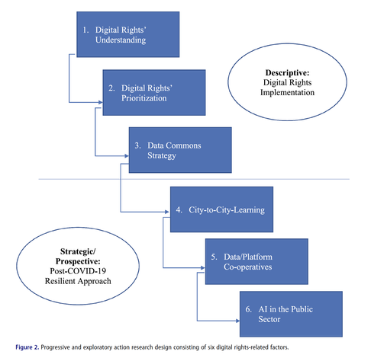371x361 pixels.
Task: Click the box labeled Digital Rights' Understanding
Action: coord(128,34)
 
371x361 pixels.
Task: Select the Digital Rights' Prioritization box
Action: coord(154,93)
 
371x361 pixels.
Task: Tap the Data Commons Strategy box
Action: coord(180,150)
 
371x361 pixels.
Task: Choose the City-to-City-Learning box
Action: coord(221,209)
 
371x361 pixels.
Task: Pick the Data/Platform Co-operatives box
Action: coord(256,261)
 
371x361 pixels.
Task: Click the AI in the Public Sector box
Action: coord(291,314)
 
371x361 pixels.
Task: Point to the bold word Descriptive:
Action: coord(287,72)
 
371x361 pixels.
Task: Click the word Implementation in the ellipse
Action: coord(287,92)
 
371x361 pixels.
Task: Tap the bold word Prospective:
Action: coord(78,261)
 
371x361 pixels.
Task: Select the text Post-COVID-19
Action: coord(78,271)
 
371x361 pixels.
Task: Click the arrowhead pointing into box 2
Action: coord(101,102)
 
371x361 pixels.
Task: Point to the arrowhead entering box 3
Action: coord(127,155)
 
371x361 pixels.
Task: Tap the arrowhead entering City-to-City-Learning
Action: coord(167,212)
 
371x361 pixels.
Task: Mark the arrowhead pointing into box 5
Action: coord(203,267)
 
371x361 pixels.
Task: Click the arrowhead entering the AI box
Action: coord(237,321)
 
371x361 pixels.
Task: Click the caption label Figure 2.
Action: coord(27,347)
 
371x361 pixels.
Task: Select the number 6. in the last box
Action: coord(249,309)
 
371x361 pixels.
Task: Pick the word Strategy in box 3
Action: coord(162,155)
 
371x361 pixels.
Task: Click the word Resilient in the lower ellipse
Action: coord(60,281)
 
